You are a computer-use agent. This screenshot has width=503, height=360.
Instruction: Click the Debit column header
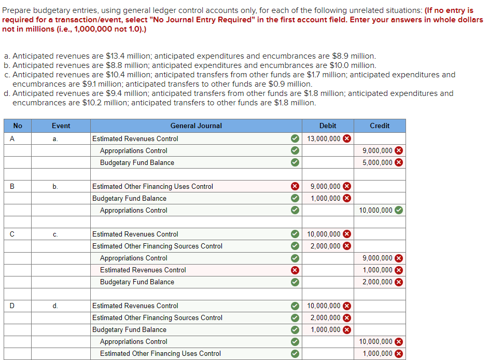(x=328, y=126)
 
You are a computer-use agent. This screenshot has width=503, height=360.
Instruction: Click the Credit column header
(x=380, y=126)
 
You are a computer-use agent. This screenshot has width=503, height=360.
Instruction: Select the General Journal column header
(x=196, y=126)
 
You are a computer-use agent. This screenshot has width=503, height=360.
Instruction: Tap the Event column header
(x=61, y=126)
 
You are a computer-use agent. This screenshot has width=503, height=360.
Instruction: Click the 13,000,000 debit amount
(x=324, y=139)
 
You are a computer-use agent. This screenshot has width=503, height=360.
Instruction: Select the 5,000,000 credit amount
(x=378, y=163)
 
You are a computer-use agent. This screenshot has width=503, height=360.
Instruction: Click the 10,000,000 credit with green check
(x=375, y=211)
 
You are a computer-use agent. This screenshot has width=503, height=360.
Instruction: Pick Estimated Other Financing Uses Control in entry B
(x=152, y=186)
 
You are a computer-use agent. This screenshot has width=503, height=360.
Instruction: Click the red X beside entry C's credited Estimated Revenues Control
(x=295, y=270)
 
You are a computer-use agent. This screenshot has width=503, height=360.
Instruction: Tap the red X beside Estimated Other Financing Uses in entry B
(x=295, y=186)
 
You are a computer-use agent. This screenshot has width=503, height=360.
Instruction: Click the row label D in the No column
(x=12, y=306)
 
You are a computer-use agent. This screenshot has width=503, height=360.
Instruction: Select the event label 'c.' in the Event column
(x=55, y=234)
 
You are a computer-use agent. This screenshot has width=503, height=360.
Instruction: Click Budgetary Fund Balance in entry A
(x=137, y=163)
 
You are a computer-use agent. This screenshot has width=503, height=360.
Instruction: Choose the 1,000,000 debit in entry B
(x=325, y=199)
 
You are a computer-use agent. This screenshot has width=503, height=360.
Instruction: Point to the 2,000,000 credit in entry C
(x=378, y=282)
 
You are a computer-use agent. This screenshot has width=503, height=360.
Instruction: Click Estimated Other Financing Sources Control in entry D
(x=157, y=317)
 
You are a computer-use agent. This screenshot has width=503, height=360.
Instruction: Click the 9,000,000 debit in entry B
(x=325, y=186)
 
